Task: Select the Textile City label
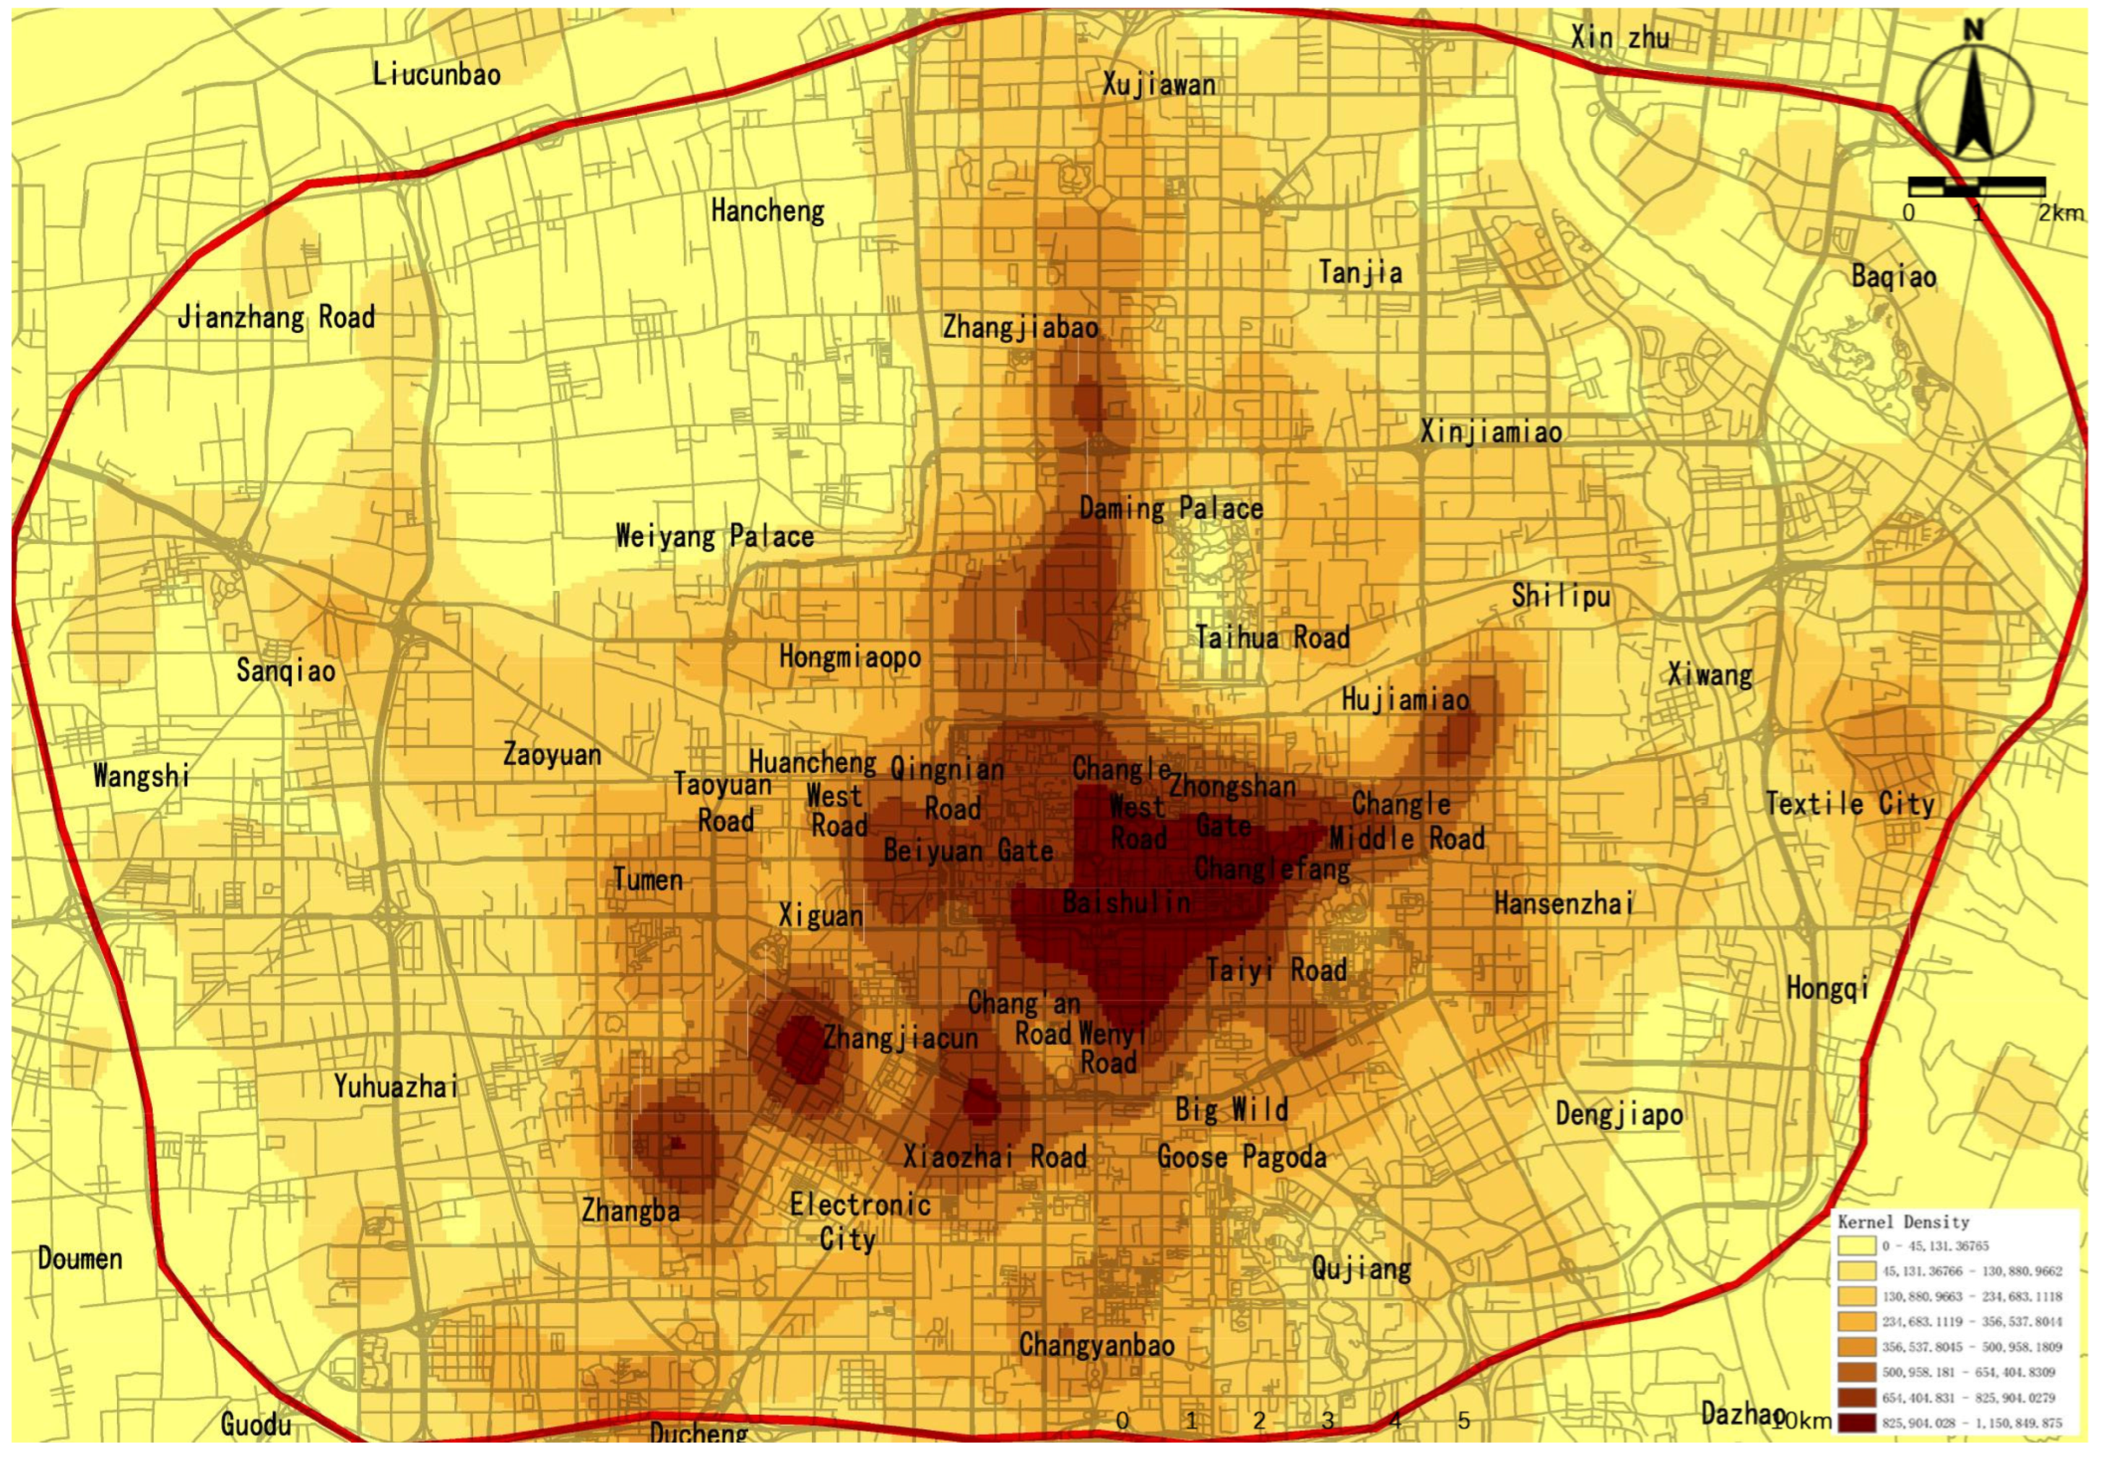point(1850,805)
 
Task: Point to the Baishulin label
point(1126,903)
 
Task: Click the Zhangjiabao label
point(1020,328)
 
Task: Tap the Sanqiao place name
point(285,670)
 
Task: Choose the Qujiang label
point(1361,1268)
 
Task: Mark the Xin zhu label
point(1619,38)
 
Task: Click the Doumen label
point(79,1259)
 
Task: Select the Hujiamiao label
point(1405,701)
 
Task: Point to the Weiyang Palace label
point(714,537)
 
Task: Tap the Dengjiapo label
point(1619,1114)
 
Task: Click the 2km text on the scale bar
point(2060,213)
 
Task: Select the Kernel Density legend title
point(1902,1222)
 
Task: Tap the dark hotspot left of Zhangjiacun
point(802,1046)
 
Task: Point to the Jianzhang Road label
point(276,318)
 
